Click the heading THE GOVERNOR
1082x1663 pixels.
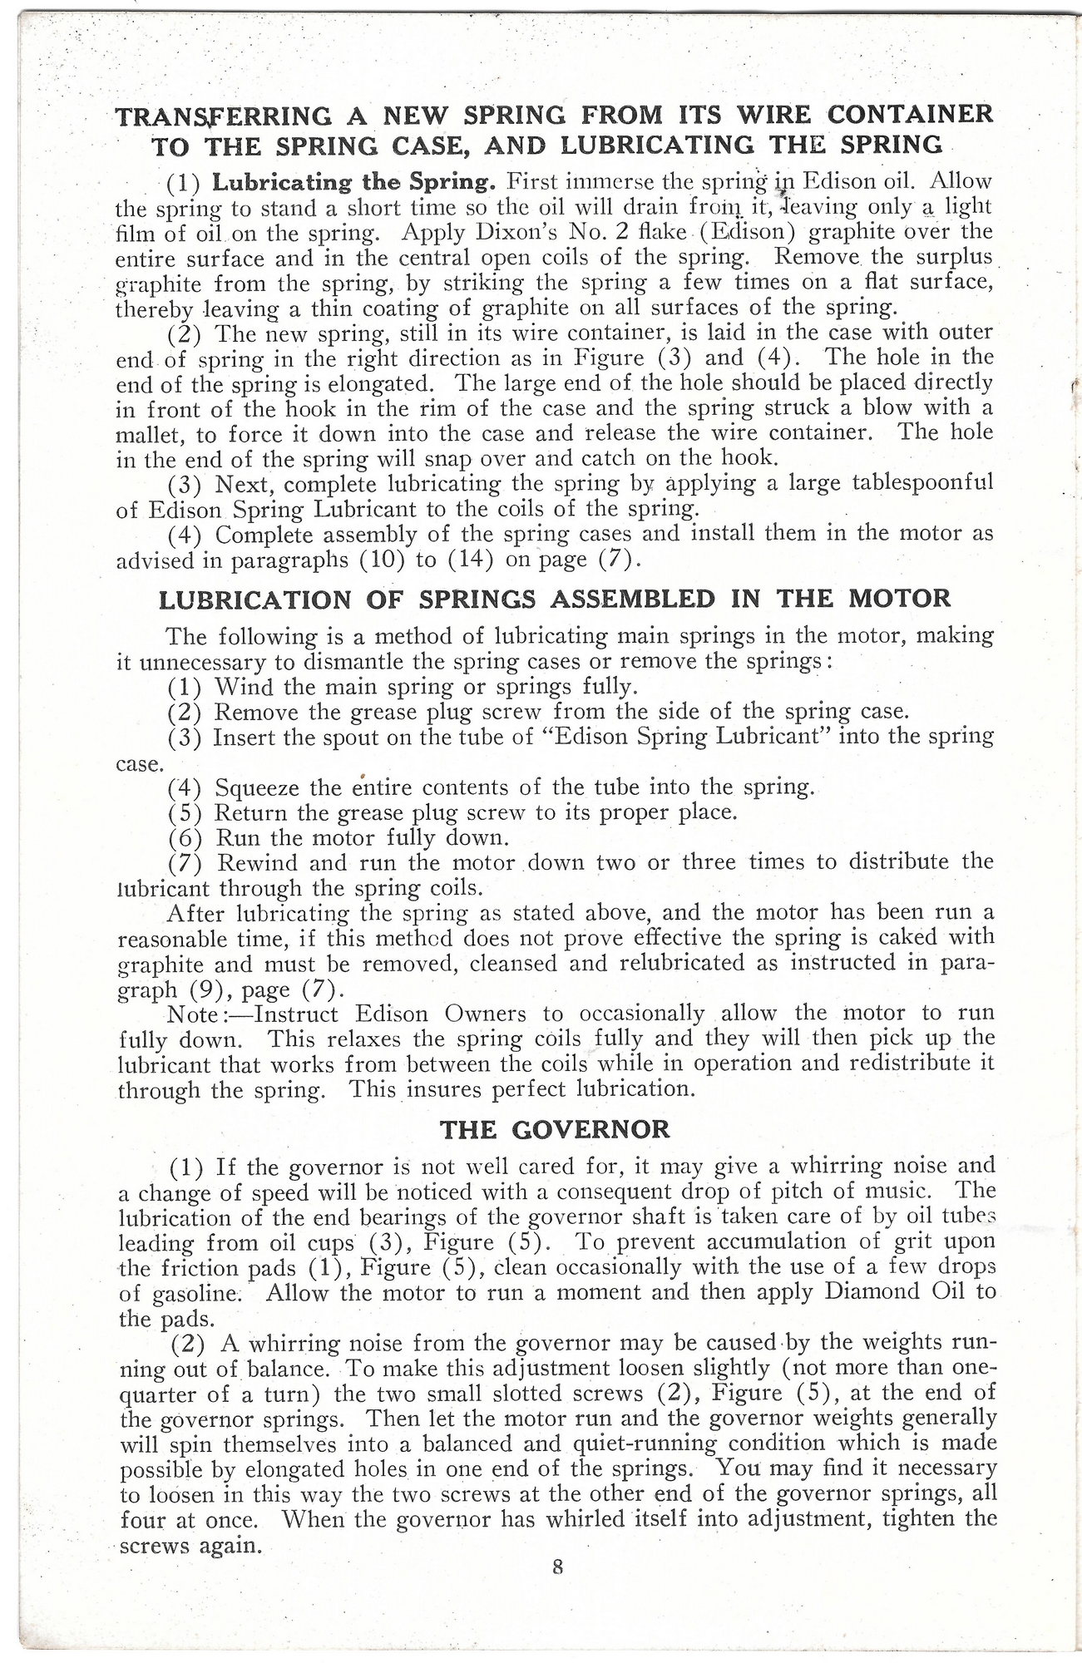[555, 1129]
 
